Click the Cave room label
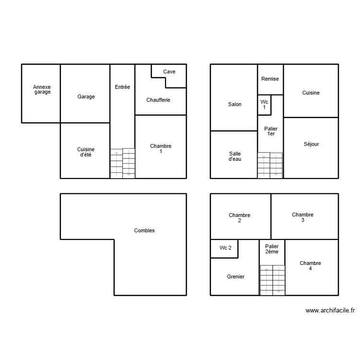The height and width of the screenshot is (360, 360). pos(169,72)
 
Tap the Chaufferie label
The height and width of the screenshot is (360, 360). pos(158,100)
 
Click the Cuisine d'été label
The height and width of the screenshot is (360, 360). pos(86,152)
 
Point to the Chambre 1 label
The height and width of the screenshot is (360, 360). pos(160,149)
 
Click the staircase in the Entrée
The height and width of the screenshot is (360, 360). pos(122,163)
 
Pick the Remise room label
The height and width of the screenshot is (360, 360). pos(270,79)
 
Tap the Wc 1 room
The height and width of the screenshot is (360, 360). pos(264,105)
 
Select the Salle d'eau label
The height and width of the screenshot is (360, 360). pos(235,156)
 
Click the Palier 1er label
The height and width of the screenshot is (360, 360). pos(271,132)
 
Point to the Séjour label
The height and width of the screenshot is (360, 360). pos(311,144)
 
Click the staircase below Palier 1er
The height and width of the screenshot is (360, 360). pos(270,165)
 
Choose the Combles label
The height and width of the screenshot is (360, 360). pos(144,231)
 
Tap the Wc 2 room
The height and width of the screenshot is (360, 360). pos(226,248)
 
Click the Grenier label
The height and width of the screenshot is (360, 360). pos(236,276)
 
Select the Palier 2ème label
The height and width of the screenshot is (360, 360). pos(272,249)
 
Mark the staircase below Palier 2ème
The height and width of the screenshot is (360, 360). pos(272,280)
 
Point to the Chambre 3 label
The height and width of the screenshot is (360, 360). pos(303,217)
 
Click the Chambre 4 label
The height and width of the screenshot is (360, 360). pos(310,266)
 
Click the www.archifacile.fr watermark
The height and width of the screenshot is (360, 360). pos(330,311)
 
